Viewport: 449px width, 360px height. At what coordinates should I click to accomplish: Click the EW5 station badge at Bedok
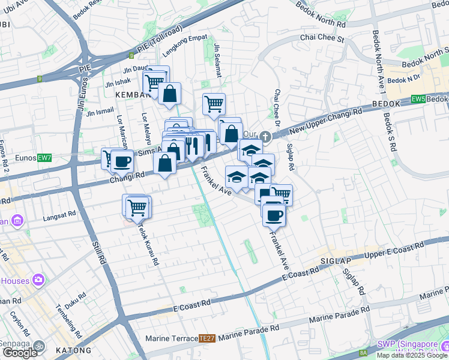click(x=418, y=100)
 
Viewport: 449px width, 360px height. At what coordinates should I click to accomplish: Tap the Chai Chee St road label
click(x=322, y=39)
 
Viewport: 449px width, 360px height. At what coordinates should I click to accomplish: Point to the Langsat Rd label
click(x=59, y=213)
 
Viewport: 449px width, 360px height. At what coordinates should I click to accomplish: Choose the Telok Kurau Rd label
click(x=147, y=243)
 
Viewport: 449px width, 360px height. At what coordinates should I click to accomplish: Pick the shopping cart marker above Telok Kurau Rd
click(x=137, y=206)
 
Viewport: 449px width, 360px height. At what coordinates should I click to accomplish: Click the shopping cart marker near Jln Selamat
click(x=214, y=104)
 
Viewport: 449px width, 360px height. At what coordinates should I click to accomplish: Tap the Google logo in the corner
click(x=20, y=353)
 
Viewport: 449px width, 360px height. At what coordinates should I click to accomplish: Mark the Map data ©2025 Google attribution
click(x=412, y=355)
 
